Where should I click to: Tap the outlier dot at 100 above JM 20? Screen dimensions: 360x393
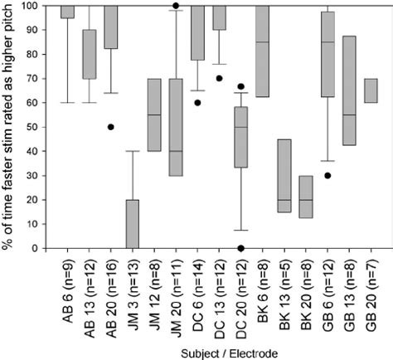click(x=176, y=6)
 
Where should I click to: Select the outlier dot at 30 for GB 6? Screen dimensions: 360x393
click(x=327, y=175)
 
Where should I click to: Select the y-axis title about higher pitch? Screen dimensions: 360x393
click(x=9, y=124)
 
